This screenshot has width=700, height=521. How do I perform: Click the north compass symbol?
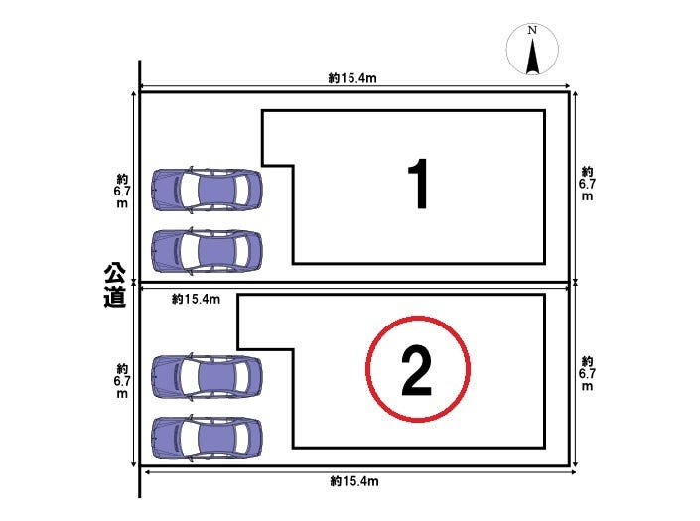(532, 49)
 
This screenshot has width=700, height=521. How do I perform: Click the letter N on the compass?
(532, 31)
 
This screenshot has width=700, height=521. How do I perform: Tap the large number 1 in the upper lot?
(418, 184)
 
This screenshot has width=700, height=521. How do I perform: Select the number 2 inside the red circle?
(417, 371)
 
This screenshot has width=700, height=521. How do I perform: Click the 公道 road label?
(115, 285)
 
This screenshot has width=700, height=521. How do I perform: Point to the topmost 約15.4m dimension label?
(352, 78)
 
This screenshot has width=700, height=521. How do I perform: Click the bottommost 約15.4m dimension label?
(354, 481)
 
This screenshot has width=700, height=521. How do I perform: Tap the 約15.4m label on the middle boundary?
(196, 299)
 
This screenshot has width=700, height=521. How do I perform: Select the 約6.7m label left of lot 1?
(122, 191)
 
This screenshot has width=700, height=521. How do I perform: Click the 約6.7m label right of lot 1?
(587, 184)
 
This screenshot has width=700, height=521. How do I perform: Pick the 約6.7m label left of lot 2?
(122, 381)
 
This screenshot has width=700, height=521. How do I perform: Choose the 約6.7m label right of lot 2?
(587, 374)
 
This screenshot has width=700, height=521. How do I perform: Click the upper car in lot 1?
(207, 190)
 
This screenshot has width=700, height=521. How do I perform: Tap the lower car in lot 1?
(207, 251)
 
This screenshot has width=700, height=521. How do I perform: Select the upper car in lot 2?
(207, 376)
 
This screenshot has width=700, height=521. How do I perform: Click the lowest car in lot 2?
(207, 438)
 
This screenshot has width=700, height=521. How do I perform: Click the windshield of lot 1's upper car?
(189, 190)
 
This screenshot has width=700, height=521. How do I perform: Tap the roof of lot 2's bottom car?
(216, 438)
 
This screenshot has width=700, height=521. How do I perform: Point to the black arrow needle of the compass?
(532, 57)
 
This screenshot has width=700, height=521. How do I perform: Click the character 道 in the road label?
(115, 297)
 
